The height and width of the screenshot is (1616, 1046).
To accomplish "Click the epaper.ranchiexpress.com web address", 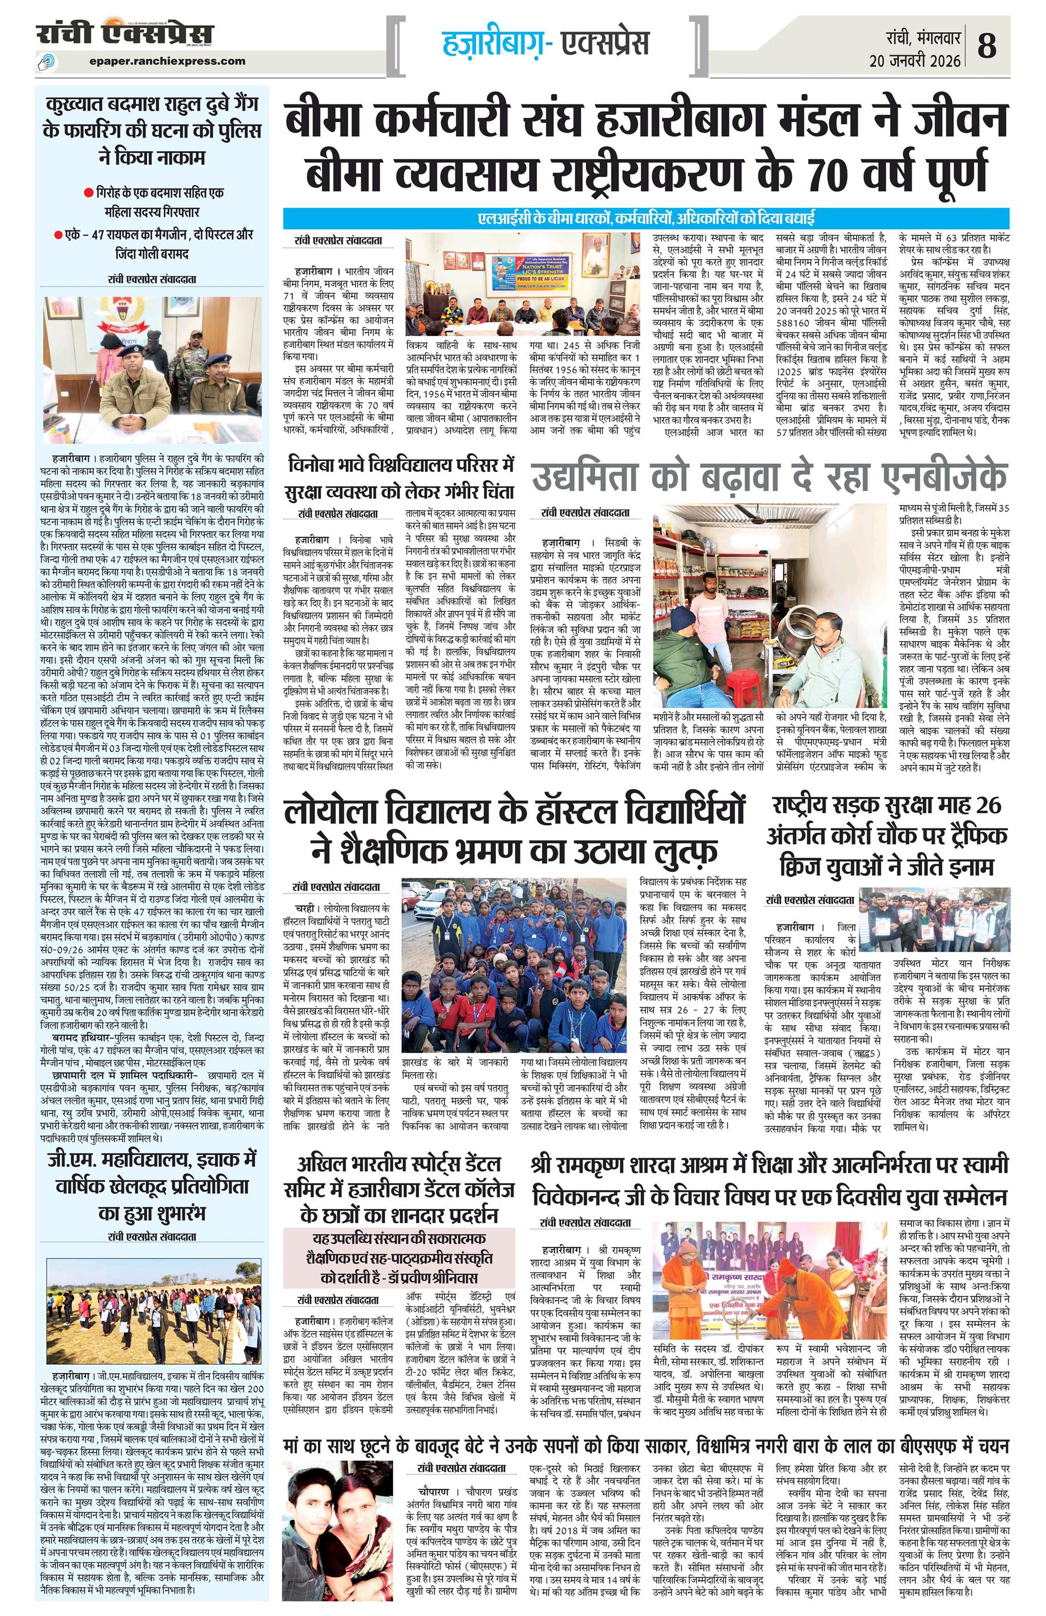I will pos(167,61).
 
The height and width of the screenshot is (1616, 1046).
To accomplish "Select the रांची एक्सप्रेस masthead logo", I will pos(125,34).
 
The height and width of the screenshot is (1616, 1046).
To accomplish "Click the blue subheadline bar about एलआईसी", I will pos(646,219).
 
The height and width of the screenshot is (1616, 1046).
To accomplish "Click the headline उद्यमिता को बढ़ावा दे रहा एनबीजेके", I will pos(770,476).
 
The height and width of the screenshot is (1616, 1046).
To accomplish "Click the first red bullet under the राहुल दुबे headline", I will pos(88,193).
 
